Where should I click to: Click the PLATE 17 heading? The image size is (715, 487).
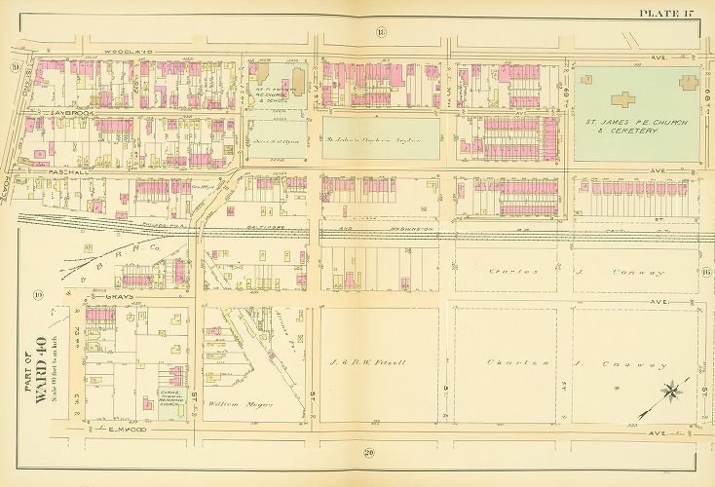(x=666, y=13)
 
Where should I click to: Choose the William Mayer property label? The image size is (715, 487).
(x=240, y=403)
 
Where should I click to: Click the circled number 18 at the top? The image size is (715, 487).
(x=379, y=33)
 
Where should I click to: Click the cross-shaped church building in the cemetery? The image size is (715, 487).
(x=621, y=98)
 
